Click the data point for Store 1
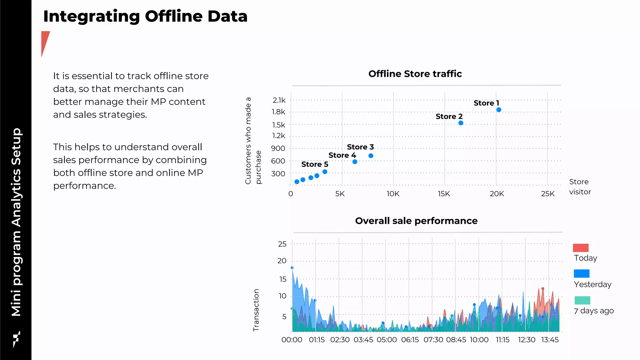pos(499,110)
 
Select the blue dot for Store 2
pos(461,123)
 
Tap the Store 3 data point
pos(371,156)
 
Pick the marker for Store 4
pos(355,162)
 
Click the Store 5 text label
pos(314,164)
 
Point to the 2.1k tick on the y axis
pos(279,100)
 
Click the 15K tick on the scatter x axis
pos(444,194)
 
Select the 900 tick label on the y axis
pos(278,148)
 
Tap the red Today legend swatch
pos(581,248)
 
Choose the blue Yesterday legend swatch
pos(581,273)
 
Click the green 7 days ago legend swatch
pos(582,300)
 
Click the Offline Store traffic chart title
pos(415,74)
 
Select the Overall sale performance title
pos(416,221)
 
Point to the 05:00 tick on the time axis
pos(387,340)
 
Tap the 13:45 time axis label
pos(550,340)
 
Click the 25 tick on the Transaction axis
pos(282,244)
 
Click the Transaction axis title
pos(256,310)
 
